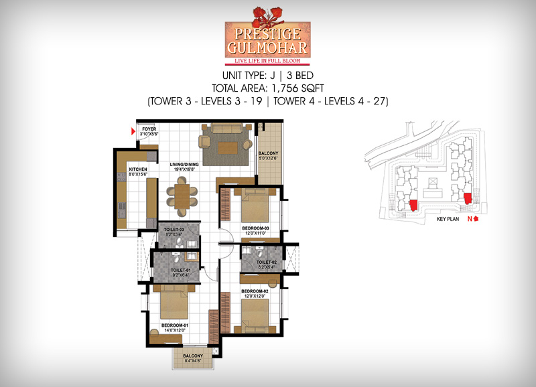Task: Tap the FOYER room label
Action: pyautogui.click(x=148, y=130)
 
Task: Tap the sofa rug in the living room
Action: pyautogui.click(x=224, y=145)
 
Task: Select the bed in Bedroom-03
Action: pyautogui.click(x=256, y=204)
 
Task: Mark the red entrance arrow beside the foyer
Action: pyautogui.click(x=133, y=131)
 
